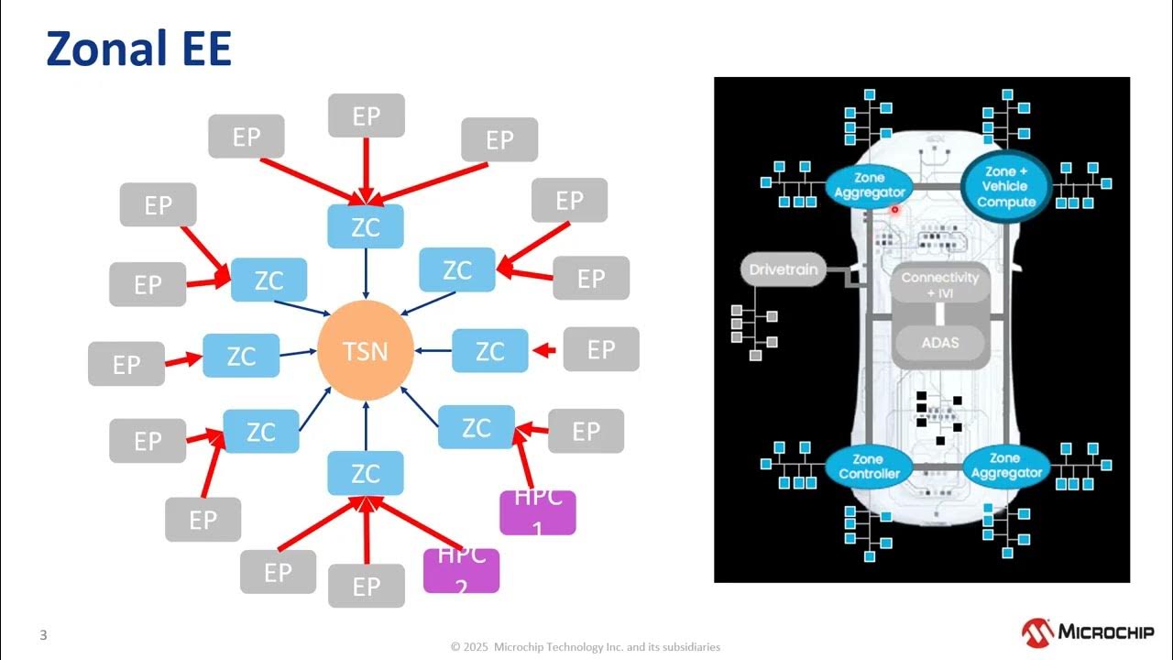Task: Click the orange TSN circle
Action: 366,351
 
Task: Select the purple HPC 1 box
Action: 537,512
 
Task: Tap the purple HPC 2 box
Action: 461,570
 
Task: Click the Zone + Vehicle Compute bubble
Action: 1005,186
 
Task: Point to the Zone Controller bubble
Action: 868,467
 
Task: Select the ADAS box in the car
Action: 939,343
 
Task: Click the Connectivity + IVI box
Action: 939,284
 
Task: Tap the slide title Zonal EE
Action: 138,50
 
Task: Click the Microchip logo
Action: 1087,632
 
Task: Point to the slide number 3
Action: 43,634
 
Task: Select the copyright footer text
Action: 586,647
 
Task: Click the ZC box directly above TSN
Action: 366,226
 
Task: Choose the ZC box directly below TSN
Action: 366,473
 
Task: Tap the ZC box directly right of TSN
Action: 490,351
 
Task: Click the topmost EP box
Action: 367,115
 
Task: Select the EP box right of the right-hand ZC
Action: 600,349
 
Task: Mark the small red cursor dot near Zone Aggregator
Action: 894,209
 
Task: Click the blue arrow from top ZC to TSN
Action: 366,273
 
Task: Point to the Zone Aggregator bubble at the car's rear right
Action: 1004,466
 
